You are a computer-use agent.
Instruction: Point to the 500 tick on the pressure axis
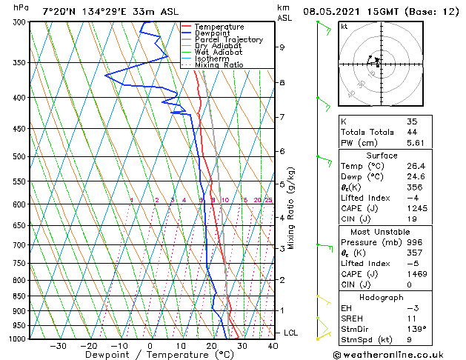point(21,157)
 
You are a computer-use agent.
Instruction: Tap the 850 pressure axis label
point(21,296)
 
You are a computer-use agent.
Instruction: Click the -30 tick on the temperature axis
point(57,345)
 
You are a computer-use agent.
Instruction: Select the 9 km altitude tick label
point(282,47)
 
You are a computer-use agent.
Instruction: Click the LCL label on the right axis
point(290,333)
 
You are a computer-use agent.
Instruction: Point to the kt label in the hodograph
point(344,26)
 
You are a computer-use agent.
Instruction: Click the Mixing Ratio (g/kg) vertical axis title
point(291,208)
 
